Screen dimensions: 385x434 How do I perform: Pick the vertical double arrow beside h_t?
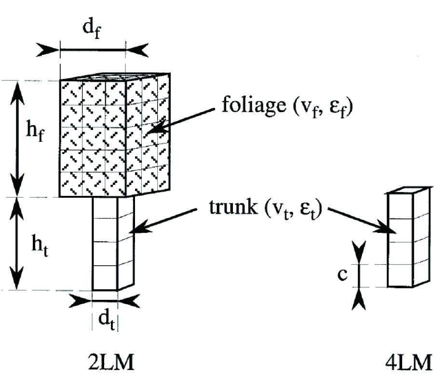(18, 244)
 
